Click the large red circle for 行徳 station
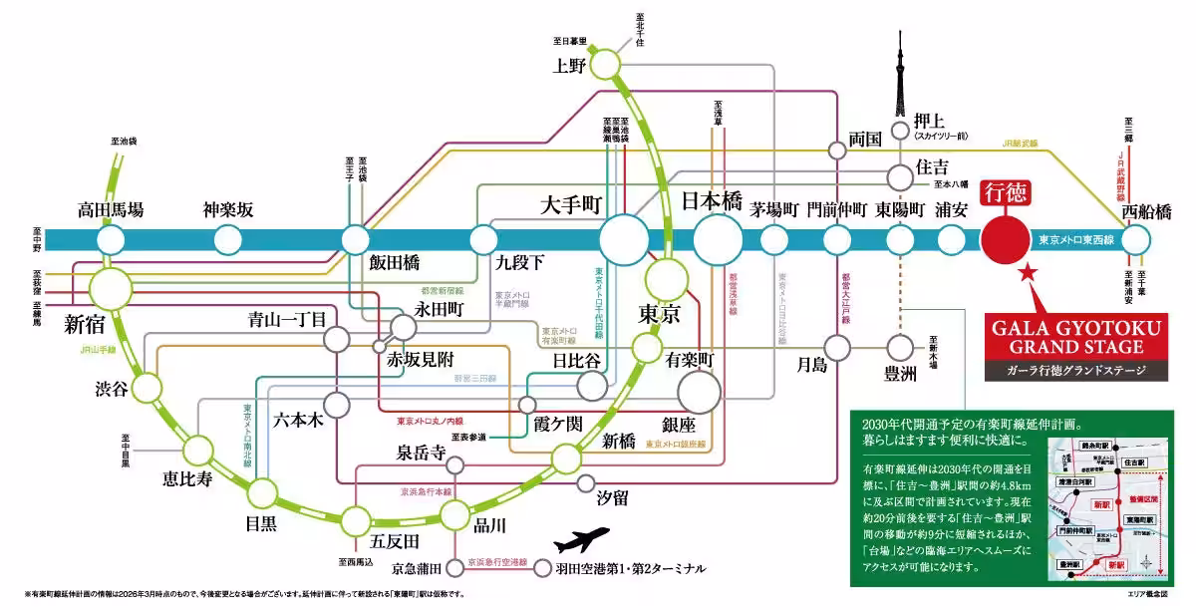pos(1005,239)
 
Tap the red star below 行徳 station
pos(1028,272)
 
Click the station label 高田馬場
pos(111,210)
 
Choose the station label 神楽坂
pos(228,210)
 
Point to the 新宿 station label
pos(87,324)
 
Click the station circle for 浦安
pos(953,239)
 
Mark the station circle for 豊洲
pos(900,347)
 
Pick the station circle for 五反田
pos(357,520)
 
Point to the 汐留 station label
pos(611,494)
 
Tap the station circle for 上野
pos(606,66)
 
